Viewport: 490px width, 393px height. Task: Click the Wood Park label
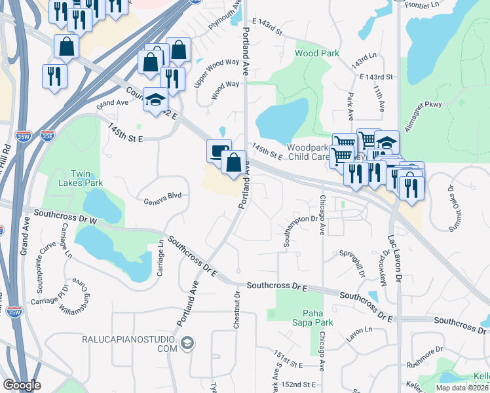click(316, 53)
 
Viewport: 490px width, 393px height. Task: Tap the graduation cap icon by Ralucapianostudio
click(187, 343)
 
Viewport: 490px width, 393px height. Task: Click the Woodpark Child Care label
click(308, 152)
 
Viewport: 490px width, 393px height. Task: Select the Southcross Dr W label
click(65, 217)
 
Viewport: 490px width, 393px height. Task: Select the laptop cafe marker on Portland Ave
click(219, 151)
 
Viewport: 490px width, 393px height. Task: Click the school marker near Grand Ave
click(155, 100)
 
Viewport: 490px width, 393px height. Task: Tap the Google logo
click(21, 385)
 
